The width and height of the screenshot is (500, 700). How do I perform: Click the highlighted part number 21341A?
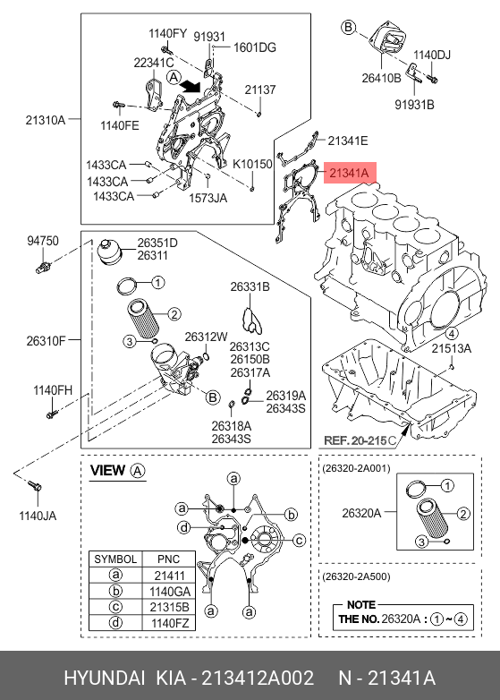pyautogui.click(x=350, y=173)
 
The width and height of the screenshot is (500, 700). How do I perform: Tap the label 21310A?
pyautogui.click(x=46, y=120)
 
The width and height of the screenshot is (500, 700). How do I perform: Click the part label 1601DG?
pyautogui.click(x=255, y=47)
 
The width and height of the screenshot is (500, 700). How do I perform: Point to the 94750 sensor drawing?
pyautogui.click(x=43, y=267)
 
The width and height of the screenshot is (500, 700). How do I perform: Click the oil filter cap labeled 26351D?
pyautogui.click(x=109, y=252)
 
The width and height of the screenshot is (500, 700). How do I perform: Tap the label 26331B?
pyautogui.click(x=250, y=286)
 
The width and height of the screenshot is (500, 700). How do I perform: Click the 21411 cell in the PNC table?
pyautogui.click(x=169, y=576)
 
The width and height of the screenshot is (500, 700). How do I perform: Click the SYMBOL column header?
pyautogui.click(x=115, y=559)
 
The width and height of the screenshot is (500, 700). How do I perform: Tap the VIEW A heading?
pyautogui.click(x=118, y=471)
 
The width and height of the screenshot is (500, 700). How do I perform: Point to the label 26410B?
pyautogui.click(x=381, y=78)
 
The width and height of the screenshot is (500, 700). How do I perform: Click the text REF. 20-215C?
pyautogui.click(x=360, y=440)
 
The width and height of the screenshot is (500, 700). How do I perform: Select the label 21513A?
pyautogui.click(x=451, y=348)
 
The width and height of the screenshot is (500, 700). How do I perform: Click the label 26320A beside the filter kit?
pyautogui.click(x=361, y=513)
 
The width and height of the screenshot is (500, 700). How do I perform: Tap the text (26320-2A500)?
pyautogui.click(x=356, y=576)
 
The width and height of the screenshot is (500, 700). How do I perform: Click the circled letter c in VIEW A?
pyautogui.click(x=299, y=540)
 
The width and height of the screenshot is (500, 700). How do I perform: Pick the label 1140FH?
pyautogui.click(x=53, y=390)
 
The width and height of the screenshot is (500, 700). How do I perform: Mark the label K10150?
pyautogui.click(x=252, y=164)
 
